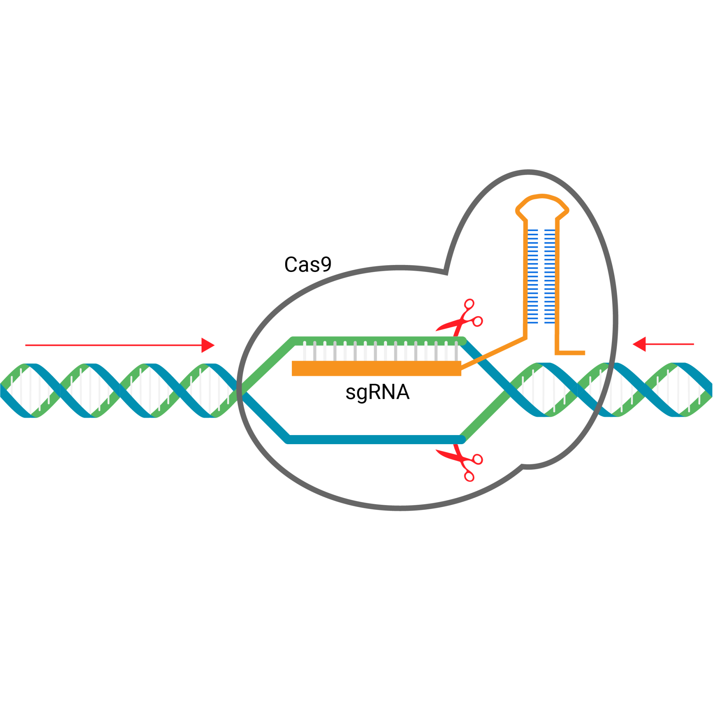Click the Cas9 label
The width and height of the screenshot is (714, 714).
[307, 265]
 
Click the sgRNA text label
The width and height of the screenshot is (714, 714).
[377, 392]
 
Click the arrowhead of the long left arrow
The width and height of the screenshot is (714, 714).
[207, 345]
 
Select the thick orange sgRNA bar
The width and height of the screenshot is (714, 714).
[376, 369]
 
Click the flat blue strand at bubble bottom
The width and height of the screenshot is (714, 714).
[375, 439]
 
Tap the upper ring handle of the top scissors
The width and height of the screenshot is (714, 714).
[469, 304]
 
